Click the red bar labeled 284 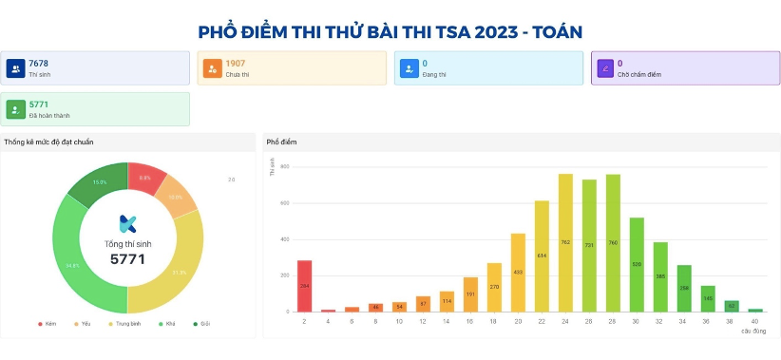tap(304, 285)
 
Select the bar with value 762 tap(565, 242)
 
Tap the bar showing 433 tap(518, 272)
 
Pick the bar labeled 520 tap(637, 264)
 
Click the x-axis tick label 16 tap(470, 321)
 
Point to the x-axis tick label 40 tap(754, 321)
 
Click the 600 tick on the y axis tap(285, 203)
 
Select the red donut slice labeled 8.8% tap(146, 178)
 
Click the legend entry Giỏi tap(202, 324)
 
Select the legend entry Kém tap(48, 324)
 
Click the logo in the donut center tap(128, 224)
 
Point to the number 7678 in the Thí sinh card tap(38, 64)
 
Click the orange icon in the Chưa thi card tap(212, 68)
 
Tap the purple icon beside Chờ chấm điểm tap(604, 68)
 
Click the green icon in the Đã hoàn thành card tap(15, 109)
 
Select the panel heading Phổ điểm tap(282, 142)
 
